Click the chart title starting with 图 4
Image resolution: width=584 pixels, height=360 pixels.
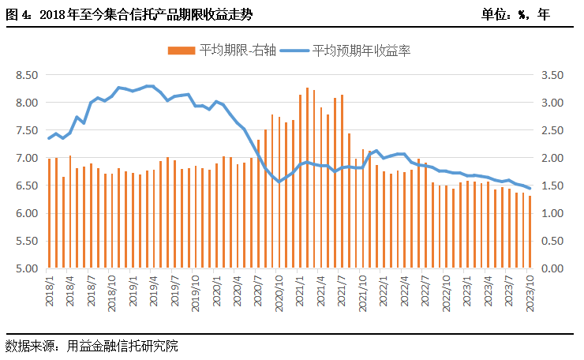(130, 14)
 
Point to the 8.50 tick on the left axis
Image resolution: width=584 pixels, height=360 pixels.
(26, 75)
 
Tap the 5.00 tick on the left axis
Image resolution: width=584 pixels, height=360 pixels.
(26, 269)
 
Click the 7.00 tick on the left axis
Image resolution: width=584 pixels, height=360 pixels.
(26, 158)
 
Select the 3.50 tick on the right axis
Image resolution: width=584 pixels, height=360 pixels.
(550, 75)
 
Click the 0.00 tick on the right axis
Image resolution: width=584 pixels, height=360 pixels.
(550, 269)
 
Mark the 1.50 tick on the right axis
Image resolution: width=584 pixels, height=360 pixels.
(550, 186)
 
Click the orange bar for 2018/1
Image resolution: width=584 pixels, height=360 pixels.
(49, 213)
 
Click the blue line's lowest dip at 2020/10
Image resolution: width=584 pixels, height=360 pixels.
(279, 182)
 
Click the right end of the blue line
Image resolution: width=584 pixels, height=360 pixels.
(530, 188)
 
